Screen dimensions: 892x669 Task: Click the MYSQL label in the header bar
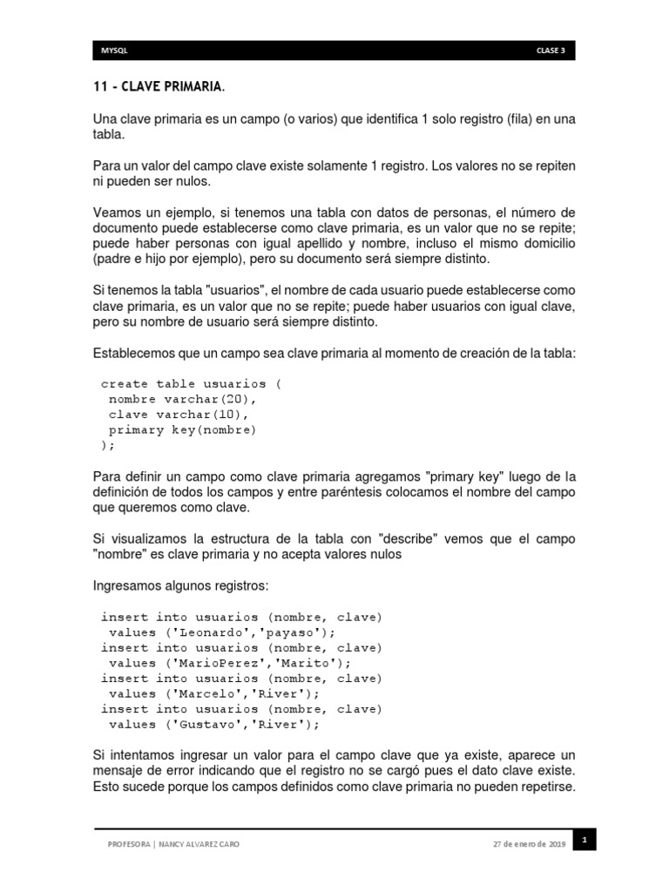(115, 51)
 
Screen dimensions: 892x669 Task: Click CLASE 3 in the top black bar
(551, 51)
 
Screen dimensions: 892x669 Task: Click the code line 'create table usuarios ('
(192, 383)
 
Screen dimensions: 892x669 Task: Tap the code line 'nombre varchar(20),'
(184, 399)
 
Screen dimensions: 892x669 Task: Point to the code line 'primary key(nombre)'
(183, 430)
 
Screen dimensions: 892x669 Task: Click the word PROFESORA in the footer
(127, 844)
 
